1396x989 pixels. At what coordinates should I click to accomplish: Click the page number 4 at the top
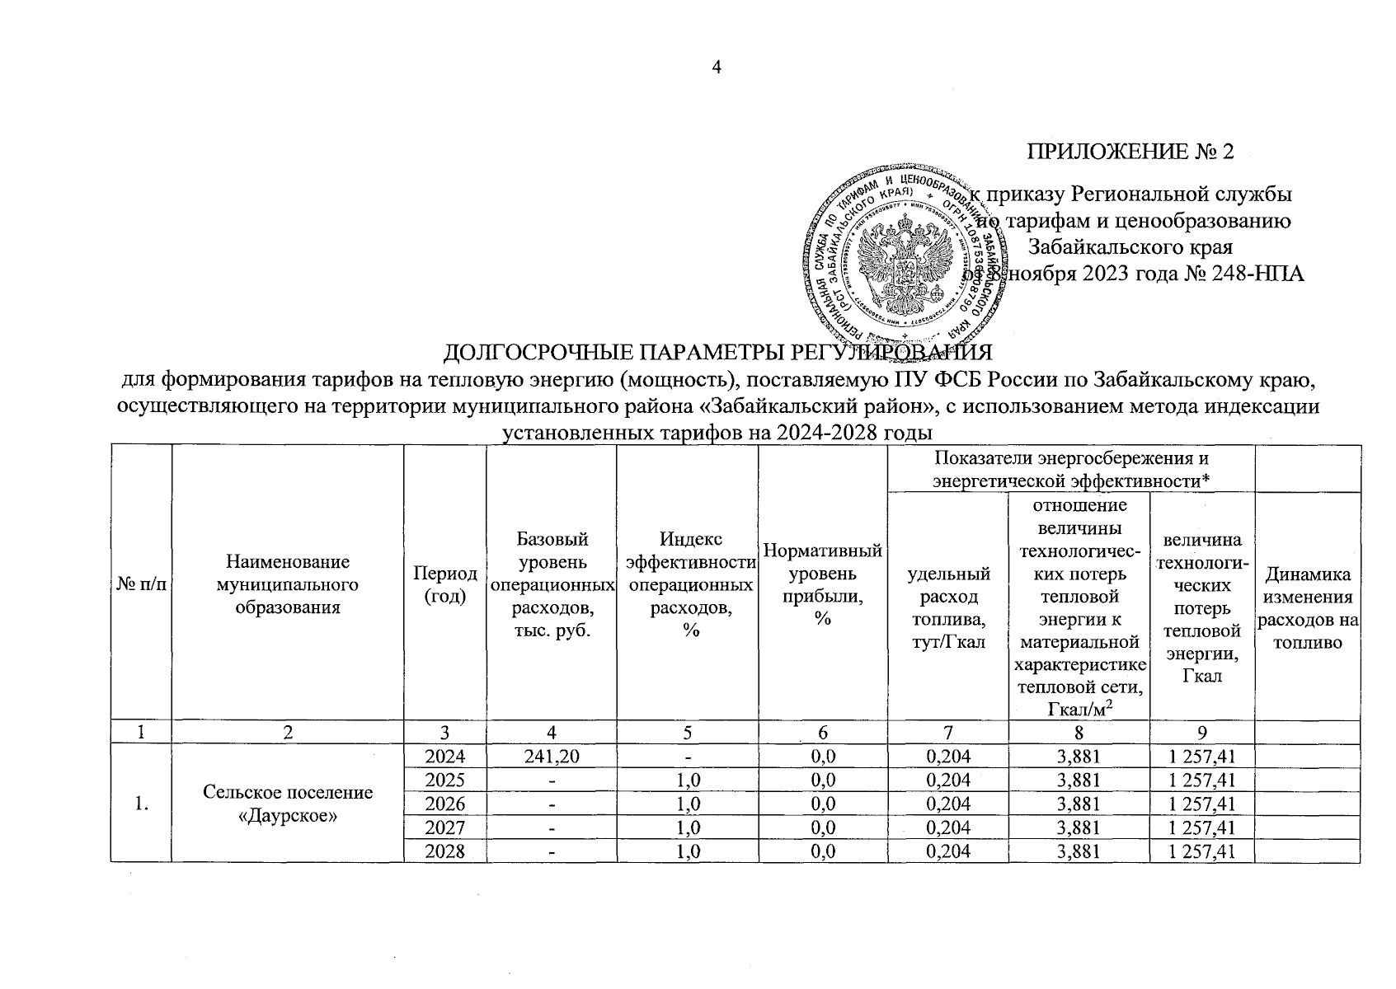717,68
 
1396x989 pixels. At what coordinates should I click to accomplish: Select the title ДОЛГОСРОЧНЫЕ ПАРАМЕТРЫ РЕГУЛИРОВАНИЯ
717,353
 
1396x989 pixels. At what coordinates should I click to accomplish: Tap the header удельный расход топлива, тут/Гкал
947,607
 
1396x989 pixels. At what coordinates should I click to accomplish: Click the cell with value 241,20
551,757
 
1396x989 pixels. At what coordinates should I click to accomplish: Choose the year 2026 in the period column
444,804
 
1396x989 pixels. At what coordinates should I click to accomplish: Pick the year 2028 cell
444,851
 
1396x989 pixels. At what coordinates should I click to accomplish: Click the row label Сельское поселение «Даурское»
287,804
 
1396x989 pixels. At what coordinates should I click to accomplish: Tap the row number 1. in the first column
141,804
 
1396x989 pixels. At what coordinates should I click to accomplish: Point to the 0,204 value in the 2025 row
947,780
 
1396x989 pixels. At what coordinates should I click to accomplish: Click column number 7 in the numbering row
947,732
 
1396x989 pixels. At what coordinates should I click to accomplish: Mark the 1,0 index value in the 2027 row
687,827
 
